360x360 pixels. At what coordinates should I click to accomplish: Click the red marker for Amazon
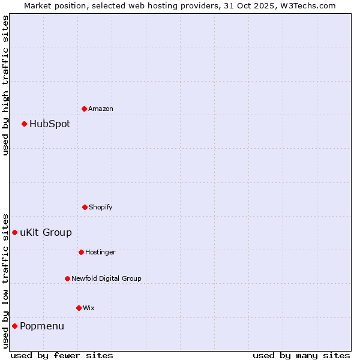[x=85, y=109]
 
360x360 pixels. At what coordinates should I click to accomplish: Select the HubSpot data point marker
[x=25, y=124]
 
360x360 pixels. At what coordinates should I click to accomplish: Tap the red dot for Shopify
[x=85, y=207]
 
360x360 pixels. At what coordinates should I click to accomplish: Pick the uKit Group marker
[x=15, y=232]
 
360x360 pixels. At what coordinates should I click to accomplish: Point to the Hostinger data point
[x=81, y=252]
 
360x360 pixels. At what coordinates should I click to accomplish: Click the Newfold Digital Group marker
[x=67, y=278]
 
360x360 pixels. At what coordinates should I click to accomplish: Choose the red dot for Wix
[x=79, y=308]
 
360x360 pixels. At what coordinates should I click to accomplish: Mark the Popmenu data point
[x=15, y=326]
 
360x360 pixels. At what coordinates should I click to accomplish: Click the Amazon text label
[x=101, y=109]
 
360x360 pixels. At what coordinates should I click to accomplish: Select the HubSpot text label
[x=50, y=124]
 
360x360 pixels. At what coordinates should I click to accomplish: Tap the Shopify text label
[x=101, y=207]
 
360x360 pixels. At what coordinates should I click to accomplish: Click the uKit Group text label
[x=46, y=233]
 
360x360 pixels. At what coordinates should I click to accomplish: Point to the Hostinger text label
[x=100, y=252]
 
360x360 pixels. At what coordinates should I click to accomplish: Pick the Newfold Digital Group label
[x=106, y=278]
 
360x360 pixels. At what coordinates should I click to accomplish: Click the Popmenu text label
[x=42, y=326]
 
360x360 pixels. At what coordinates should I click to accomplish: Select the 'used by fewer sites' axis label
[x=62, y=355]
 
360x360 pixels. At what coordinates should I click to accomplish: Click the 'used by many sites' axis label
[x=301, y=355]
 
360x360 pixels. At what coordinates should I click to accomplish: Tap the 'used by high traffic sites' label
[x=5, y=85]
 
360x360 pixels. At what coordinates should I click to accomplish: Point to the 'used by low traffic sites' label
[x=5, y=280]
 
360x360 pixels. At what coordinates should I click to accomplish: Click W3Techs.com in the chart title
[x=306, y=5]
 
